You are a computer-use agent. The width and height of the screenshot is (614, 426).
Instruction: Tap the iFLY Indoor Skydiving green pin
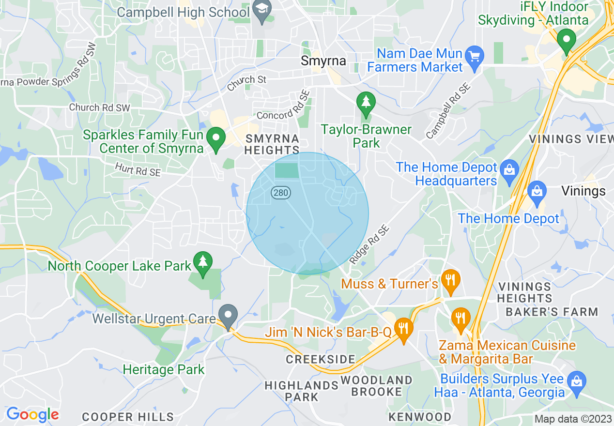pos(566,39)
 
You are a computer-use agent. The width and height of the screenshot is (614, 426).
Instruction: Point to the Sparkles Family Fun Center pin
pos(216,138)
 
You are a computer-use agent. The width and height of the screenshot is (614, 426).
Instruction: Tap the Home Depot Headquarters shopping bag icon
pos(509,169)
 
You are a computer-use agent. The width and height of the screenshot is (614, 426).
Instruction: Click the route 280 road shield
pos(280,193)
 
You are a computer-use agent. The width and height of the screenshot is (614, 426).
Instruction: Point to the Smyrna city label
pos(323,61)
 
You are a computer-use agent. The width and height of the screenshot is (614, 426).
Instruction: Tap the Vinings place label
pos(583,191)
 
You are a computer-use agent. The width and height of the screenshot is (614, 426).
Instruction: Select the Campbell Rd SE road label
pos(448,111)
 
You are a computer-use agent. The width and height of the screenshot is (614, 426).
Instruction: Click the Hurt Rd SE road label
pos(138,169)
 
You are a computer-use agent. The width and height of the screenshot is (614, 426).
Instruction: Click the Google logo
pos(32,414)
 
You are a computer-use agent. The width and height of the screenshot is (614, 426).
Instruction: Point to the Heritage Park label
pos(164,370)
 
